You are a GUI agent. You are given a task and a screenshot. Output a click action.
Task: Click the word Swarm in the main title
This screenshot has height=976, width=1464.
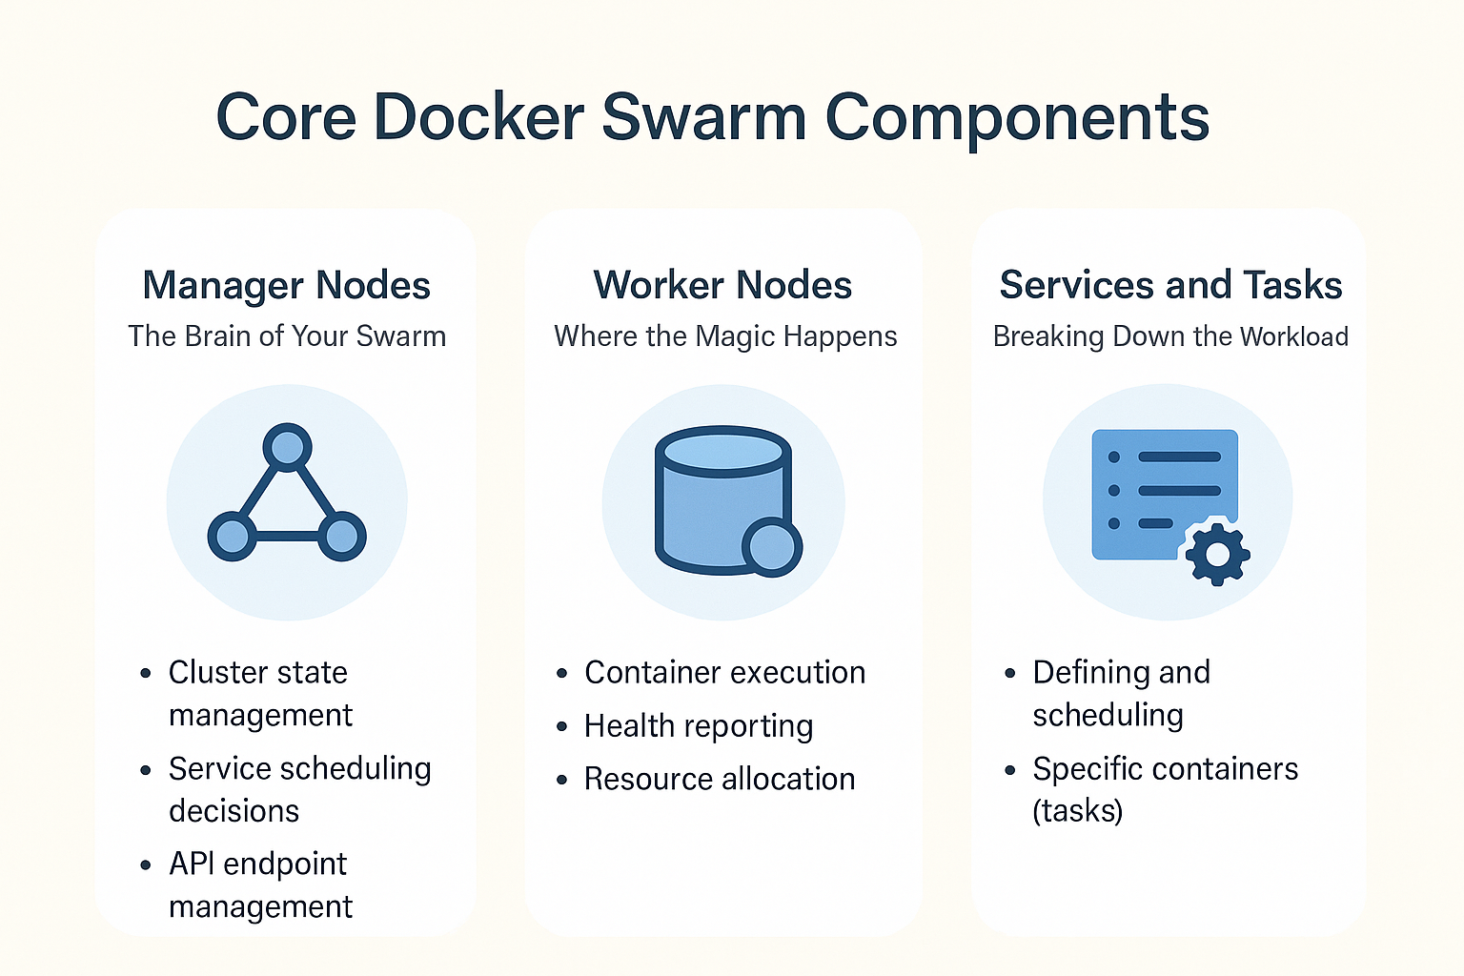[703, 117]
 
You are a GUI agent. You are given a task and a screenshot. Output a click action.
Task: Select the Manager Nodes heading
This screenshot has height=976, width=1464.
[286, 285]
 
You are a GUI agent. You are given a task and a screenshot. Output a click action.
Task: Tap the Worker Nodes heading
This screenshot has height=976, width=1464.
[722, 285]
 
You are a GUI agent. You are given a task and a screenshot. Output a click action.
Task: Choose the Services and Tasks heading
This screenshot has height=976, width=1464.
[1170, 285]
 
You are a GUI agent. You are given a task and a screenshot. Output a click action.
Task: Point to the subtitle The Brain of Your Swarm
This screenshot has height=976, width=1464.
[287, 336]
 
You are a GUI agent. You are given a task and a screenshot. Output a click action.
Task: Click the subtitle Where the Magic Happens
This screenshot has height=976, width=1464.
[725, 336]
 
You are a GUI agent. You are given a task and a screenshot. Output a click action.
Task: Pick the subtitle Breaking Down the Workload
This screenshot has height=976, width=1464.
[1170, 336]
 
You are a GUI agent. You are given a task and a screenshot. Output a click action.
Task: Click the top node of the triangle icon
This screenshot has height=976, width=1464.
[287, 446]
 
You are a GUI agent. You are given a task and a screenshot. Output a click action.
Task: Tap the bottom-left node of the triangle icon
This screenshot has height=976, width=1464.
[232, 536]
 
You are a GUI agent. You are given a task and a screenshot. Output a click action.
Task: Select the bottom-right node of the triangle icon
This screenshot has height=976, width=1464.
[341, 536]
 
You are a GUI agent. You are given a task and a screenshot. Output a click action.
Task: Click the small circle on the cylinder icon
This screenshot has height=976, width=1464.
[771, 547]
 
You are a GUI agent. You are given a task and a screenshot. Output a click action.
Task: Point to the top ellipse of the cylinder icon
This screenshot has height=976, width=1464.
[724, 451]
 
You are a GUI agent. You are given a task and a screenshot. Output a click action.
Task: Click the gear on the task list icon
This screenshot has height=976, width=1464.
[1217, 553]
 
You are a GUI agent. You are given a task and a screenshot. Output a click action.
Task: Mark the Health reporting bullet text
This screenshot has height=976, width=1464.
[699, 726]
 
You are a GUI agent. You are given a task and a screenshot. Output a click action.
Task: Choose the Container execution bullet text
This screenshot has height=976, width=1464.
[724, 673]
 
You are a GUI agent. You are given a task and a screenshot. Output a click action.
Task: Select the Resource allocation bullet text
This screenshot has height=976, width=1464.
[720, 780]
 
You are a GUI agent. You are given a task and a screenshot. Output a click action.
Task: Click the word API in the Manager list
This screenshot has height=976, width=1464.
[192, 864]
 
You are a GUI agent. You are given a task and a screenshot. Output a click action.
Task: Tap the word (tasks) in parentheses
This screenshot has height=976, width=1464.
[1077, 811]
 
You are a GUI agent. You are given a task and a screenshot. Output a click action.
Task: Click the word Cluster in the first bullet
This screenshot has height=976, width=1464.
[211, 673]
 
